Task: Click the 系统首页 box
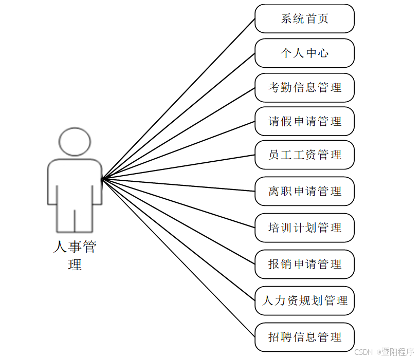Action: pos(304,19)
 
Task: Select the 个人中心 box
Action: pos(304,53)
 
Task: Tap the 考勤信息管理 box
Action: pos(304,87)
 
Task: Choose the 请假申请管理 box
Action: pos(304,121)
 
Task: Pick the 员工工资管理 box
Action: pos(304,155)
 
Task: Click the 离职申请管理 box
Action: pos(304,191)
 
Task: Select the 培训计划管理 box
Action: pos(304,228)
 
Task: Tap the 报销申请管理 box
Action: pos(304,264)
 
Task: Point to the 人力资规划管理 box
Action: pos(304,300)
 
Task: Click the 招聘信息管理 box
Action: pos(304,337)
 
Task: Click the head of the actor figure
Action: pos(75,141)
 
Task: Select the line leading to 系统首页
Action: pos(178,99)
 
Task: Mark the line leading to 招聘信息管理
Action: pos(178,258)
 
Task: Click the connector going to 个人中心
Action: pos(178,116)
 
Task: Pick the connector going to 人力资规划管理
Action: pos(178,240)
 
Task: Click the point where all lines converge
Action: pos(102,179)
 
